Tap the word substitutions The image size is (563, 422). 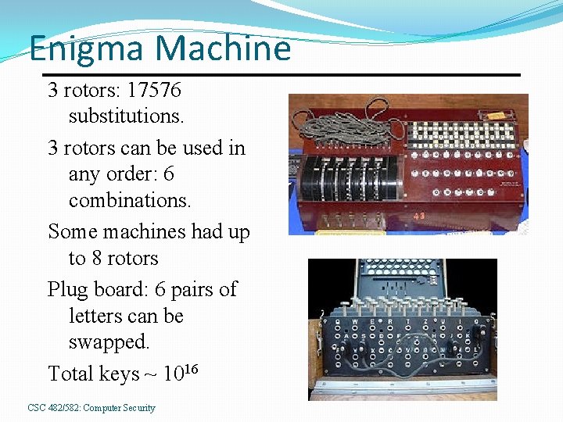127,116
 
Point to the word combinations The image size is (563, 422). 130,200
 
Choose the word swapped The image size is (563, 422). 109,342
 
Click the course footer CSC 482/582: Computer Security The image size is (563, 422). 91,408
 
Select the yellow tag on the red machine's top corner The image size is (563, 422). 494,116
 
